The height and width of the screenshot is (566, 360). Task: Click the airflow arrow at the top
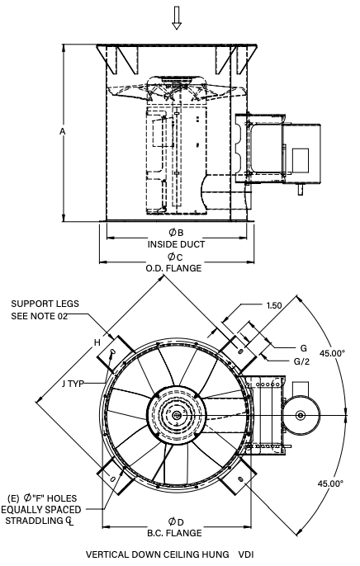tap(176, 17)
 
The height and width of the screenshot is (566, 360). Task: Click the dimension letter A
tap(63, 132)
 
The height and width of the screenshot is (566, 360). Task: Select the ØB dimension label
tap(176, 232)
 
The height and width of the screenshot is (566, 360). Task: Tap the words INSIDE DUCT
tap(176, 244)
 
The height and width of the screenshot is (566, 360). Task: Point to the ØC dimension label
tap(175, 257)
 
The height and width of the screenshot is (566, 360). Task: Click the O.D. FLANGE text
tap(173, 269)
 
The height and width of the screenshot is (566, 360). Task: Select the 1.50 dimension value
tap(274, 305)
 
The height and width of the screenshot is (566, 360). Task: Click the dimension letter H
tap(97, 342)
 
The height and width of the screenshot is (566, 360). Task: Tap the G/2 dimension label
tap(301, 361)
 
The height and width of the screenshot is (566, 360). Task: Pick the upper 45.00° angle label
tap(332, 353)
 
